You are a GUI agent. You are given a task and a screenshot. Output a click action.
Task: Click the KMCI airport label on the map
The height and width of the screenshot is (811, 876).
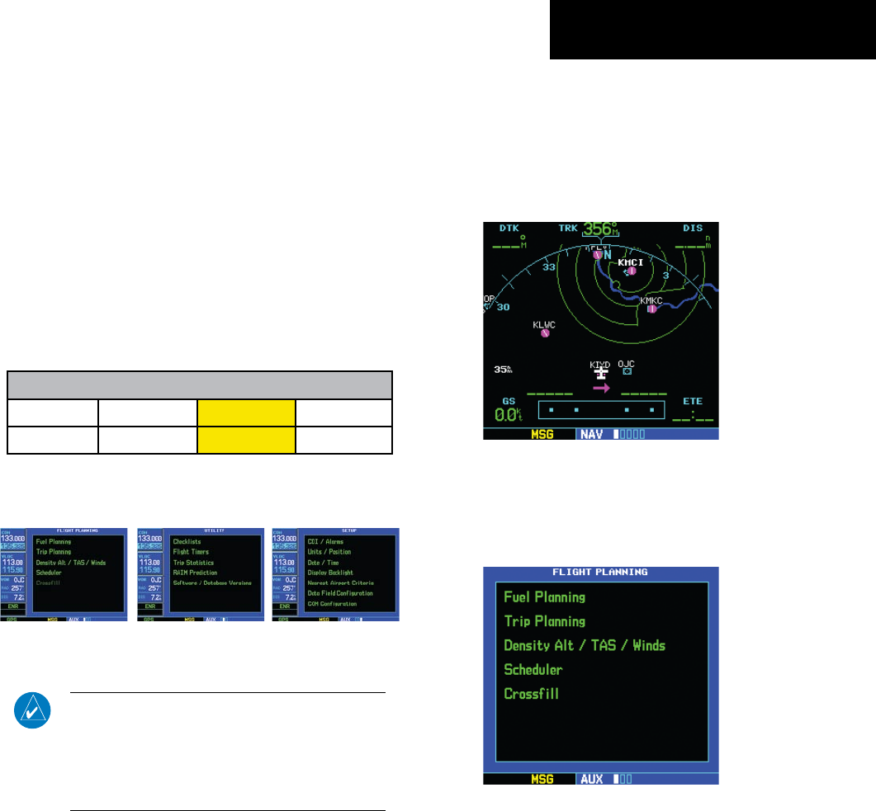[632, 262]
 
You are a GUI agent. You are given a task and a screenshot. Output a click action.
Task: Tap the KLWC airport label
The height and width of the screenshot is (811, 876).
[544, 324]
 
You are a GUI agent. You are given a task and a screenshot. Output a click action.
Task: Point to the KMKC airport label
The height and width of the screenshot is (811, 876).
[651, 299]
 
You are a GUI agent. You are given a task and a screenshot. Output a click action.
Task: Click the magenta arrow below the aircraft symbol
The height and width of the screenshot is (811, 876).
[601, 387]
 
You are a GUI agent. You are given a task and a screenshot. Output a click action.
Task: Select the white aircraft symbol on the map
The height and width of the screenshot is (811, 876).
[600, 373]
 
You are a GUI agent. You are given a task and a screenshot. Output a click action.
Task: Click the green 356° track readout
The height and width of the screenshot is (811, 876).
[600, 230]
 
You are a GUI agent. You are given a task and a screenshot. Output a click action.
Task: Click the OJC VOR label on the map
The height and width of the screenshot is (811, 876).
[626, 363]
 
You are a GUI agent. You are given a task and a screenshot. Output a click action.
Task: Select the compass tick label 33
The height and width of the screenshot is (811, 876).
[547, 267]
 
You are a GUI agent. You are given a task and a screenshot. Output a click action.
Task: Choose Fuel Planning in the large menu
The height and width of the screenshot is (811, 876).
[544, 596]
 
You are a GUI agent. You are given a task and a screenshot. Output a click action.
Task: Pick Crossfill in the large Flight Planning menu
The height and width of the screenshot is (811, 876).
[531, 693]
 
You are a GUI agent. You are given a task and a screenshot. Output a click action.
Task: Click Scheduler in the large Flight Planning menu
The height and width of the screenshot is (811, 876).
[533, 669]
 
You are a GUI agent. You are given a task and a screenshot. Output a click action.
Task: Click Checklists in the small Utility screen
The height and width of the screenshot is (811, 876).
[187, 541]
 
